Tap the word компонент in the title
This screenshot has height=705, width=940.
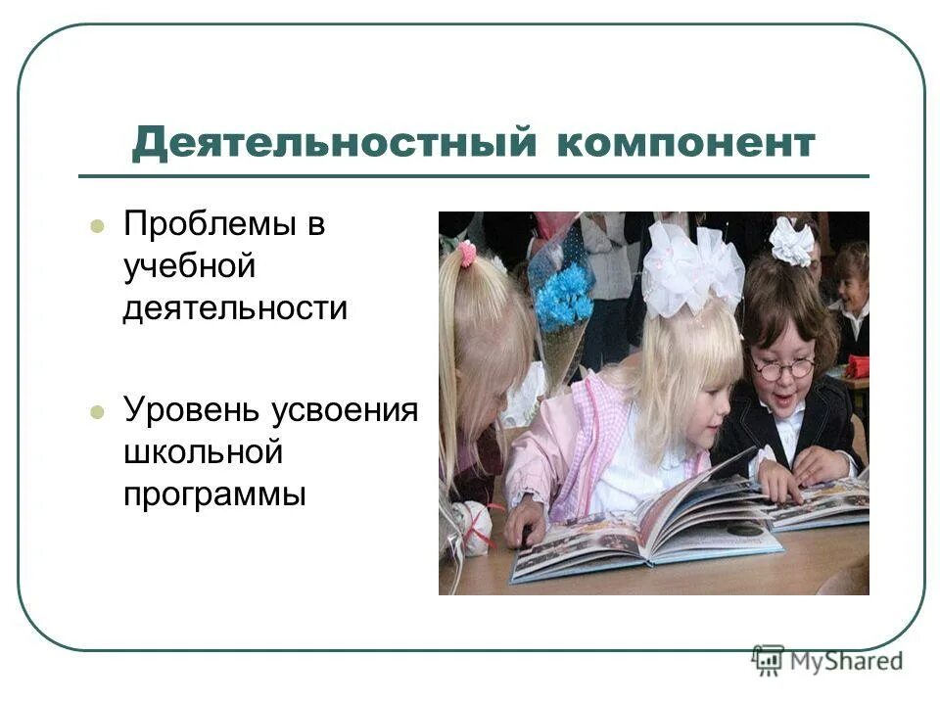(685, 143)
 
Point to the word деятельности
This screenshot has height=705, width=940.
(235, 307)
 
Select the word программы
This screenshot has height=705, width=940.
(214, 493)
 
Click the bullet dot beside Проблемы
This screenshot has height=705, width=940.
(96, 226)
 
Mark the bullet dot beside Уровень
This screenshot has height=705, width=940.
(96, 412)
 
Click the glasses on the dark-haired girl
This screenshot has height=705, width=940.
(783, 368)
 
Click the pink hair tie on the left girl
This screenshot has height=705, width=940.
(468, 255)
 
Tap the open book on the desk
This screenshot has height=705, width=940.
(646, 529)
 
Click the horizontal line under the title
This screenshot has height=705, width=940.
(474, 176)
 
